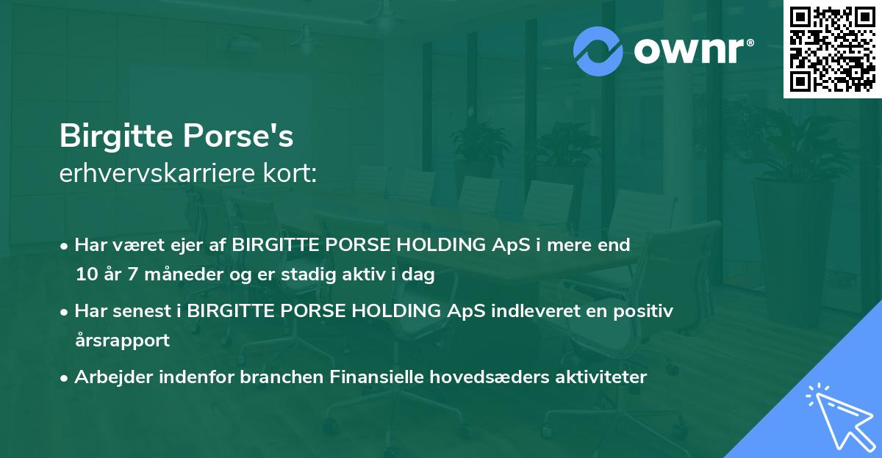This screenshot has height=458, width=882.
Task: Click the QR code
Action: coord(832,49)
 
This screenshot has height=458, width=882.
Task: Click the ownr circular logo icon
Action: coord(598,51)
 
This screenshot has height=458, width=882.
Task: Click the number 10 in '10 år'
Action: coord(85,275)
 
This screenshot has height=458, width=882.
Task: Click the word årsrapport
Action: coord(122,341)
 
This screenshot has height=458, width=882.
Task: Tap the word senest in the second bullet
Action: coord(146,311)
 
